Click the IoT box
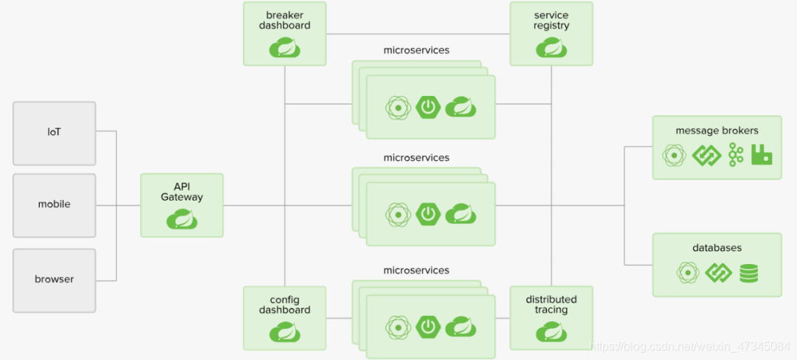click(54, 133)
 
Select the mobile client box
click(54, 204)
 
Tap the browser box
click(54, 280)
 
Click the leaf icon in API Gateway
click(182, 218)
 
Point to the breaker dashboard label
click(284, 20)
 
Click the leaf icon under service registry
click(551, 48)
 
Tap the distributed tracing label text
click(551, 305)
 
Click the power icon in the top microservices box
click(428, 108)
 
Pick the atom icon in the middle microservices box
click(398, 214)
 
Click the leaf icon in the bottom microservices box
click(460, 326)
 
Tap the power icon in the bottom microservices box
click(428, 326)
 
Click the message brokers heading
click(717, 131)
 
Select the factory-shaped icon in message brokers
click(762, 154)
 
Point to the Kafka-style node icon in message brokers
click(736, 155)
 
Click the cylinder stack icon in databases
click(749, 273)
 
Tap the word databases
click(717, 248)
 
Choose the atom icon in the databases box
click(688, 273)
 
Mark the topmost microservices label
click(416, 50)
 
